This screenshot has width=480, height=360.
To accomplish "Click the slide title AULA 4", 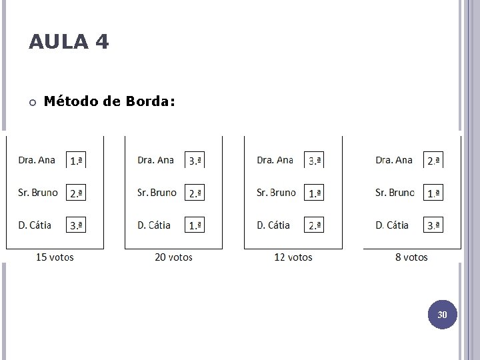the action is click(69, 43).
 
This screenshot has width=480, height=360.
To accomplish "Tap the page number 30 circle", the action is click(442, 314).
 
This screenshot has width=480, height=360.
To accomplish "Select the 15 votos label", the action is click(55, 257).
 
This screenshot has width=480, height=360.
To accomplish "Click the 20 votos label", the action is click(173, 257).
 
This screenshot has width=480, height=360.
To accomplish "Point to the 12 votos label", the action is click(293, 257).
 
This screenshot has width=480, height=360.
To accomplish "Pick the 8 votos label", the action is click(411, 257).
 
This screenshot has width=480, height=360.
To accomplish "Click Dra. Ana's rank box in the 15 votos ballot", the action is click(76, 161).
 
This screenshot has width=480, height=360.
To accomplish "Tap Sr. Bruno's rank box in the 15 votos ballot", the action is click(76, 193).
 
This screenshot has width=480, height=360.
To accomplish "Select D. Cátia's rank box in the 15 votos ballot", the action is click(76, 225).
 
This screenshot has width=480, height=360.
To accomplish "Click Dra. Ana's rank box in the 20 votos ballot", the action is click(195, 161).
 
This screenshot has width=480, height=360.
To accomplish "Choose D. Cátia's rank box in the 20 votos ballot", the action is click(195, 225).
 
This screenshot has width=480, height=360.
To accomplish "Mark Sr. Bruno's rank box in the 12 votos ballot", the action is click(314, 193).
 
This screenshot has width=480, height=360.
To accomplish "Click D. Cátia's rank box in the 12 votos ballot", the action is click(314, 225).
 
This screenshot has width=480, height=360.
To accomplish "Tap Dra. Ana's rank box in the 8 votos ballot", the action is click(433, 161).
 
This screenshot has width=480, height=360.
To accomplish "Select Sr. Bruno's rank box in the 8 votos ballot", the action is click(433, 193).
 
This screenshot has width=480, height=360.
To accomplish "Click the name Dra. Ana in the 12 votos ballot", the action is click(275, 160).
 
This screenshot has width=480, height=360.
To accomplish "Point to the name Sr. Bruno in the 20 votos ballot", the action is click(157, 193).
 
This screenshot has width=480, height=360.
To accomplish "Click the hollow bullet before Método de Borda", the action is click(32, 102).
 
